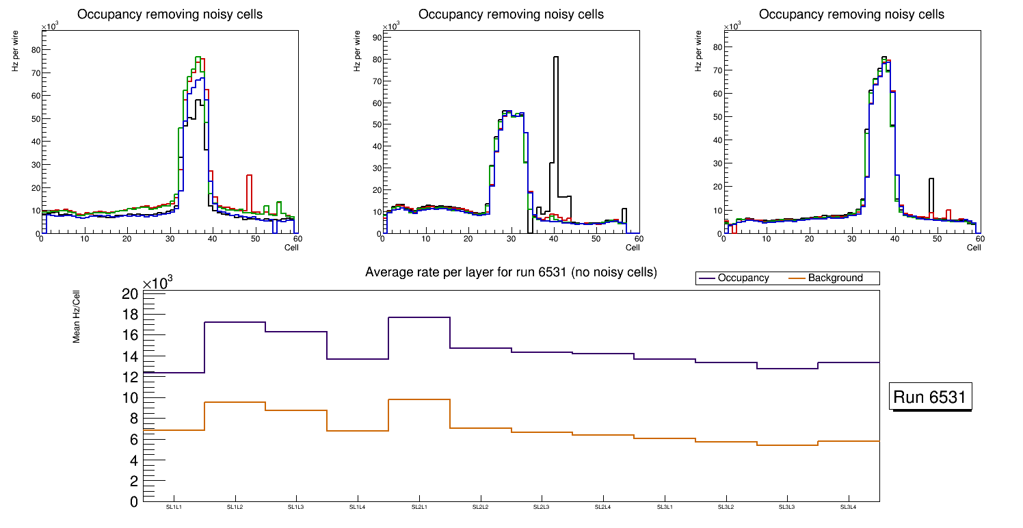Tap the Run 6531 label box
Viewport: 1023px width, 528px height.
931,397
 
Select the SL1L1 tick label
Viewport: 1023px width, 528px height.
174,507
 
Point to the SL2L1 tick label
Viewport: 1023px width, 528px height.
419,507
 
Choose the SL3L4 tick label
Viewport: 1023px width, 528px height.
849,507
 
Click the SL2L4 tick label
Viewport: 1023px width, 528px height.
603,507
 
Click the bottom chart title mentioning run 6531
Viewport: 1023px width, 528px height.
511,272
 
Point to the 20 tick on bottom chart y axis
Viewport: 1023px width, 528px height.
130,294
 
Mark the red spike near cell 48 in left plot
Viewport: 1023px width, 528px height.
250,192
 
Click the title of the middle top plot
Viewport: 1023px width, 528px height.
511,14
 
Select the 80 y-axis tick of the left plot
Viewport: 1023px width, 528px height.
35,49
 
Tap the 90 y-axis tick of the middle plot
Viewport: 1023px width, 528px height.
375,37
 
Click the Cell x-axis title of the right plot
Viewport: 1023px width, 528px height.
974,247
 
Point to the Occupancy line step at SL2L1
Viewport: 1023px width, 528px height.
419,317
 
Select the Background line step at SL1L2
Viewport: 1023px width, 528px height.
235,402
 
